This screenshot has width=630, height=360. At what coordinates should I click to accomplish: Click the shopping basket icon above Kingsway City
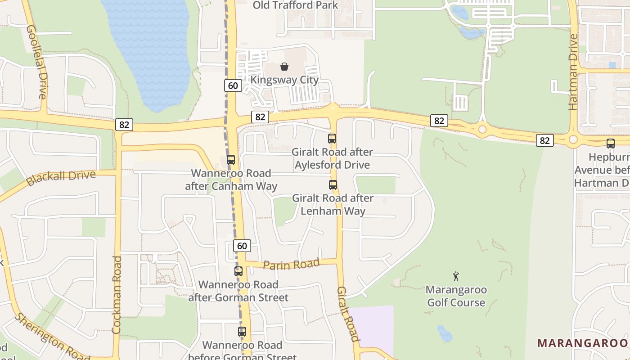point(284,67)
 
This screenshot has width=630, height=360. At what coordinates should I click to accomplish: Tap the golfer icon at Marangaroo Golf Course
point(456,276)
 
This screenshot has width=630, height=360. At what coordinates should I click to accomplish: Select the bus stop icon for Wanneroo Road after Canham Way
point(231,160)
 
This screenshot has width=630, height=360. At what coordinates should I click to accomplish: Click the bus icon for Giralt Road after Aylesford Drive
point(332,139)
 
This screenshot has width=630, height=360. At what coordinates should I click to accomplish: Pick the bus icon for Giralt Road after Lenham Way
point(333,184)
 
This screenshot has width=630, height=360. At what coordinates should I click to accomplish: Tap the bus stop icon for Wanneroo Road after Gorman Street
point(238,271)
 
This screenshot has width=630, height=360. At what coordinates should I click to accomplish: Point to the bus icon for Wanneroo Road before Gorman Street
point(242,332)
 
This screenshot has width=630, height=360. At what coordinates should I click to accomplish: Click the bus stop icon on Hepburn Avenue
point(611,144)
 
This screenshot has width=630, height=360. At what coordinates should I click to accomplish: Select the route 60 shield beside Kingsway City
point(233,85)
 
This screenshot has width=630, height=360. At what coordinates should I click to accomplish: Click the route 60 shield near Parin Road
point(242,245)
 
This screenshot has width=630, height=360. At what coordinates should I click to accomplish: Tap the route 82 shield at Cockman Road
point(124,124)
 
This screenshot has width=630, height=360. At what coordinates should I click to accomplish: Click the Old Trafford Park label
point(295,5)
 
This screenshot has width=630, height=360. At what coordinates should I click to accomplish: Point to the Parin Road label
point(291,264)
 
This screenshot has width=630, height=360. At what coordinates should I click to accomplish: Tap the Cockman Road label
point(117,295)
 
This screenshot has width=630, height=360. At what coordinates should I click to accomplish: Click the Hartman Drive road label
point(573,72)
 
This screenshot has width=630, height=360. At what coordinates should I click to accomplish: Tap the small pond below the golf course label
point(445,333)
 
